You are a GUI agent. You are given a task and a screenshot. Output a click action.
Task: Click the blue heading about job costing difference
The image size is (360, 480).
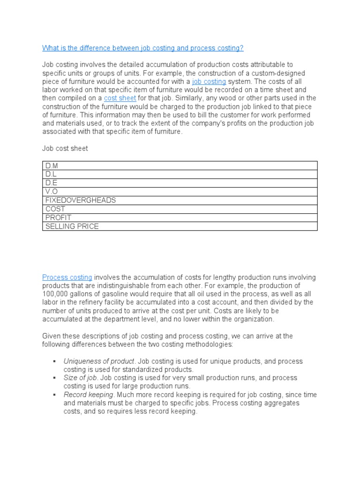143,48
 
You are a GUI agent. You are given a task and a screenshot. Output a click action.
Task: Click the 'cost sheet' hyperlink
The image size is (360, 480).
120,98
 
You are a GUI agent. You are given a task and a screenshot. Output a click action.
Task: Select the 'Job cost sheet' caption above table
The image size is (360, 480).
65,149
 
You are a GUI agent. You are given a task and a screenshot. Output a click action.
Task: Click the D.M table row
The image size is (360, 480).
180,165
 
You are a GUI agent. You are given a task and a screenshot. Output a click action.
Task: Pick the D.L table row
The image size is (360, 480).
180,174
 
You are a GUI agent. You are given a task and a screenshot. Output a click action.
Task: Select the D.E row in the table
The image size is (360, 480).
180,183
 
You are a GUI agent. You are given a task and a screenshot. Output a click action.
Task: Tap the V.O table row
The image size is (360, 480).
180,192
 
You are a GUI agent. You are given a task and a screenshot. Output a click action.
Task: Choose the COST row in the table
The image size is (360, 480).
180,209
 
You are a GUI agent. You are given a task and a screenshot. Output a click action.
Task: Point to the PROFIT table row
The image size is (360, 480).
180,217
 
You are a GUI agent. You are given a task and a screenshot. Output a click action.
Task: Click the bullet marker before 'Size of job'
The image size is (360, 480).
55,378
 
